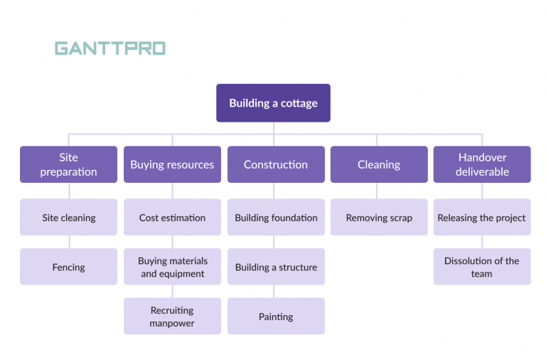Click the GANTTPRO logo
[110, 48]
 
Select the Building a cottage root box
[273, 103]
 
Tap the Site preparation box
[68, 164]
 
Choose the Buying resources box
[172, 164]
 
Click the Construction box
[276, 164]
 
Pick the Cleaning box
[379, 164]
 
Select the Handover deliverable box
[482, 164]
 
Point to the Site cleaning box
[68, 218]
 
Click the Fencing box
[68, 268]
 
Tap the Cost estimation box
[172, 218]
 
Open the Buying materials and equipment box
[172, 268]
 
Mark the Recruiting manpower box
[172, 317]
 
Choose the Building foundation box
[276, 218]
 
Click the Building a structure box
[276, 268]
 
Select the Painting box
[276, 317]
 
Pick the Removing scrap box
[379, 218]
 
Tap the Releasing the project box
[482, 218]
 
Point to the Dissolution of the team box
[482, 268]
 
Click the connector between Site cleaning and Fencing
[69, 242]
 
